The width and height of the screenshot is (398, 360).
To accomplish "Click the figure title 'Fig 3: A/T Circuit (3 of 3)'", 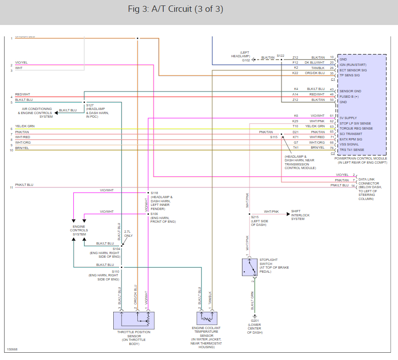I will (176, 10).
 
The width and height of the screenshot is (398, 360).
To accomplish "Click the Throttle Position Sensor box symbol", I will (135, 320).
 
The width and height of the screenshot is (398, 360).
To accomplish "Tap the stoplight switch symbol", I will (249, 267).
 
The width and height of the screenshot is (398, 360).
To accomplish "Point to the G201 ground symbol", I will (255, 316).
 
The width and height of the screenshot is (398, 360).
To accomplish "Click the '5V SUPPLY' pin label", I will (348, 118).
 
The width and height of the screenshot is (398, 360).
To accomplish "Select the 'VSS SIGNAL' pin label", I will (349, 144).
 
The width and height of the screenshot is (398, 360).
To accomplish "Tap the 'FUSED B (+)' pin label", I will (350, 96).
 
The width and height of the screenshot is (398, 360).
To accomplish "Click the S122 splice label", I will (280, 55).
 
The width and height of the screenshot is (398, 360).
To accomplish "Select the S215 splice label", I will (254, 217).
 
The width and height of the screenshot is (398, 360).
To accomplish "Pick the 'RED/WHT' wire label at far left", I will (22, 94).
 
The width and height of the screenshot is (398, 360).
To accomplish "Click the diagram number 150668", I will (12, 350).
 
